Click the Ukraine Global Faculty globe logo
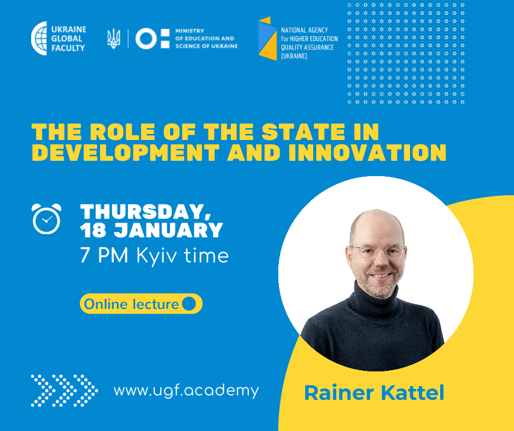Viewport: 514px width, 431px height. [x=39, y=38]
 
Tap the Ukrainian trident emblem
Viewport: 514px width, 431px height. [x=114, y=39]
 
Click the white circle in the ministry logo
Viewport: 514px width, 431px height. [x=146, y=39]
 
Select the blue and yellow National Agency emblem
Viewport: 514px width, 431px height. [x=268, y=38]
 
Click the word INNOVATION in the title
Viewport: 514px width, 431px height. [x=367, y=153]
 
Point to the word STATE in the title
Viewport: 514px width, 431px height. [x=303, y=132]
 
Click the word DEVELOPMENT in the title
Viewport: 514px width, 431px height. [x=126, y=153]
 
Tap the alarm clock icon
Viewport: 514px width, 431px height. [x=46, y=219]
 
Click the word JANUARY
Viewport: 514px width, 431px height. [x=168, y=230]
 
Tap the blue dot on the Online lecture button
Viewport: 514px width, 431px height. [x=189, y=304]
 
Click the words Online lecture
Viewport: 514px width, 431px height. [x=131, y=304]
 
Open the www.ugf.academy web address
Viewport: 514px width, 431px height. [x=186, y=391]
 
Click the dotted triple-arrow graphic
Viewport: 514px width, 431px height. [x=65, y=391]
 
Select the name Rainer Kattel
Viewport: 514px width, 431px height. [x=374, y=393]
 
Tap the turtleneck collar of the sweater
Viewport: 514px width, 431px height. [x=373, y=300]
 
